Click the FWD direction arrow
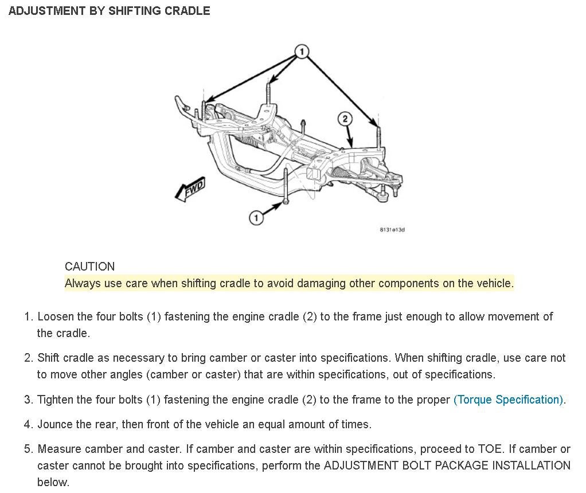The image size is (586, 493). [190, 190]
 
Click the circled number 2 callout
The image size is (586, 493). [344, 119]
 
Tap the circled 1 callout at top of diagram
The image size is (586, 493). [302, 52]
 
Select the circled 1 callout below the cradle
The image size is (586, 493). [256, 218]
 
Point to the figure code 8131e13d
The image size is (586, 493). [393, 230]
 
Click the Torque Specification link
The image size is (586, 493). [508, 400]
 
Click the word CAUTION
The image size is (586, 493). [89, 267]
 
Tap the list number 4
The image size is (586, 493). [28, 425]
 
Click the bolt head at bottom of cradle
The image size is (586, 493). [286, 201]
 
